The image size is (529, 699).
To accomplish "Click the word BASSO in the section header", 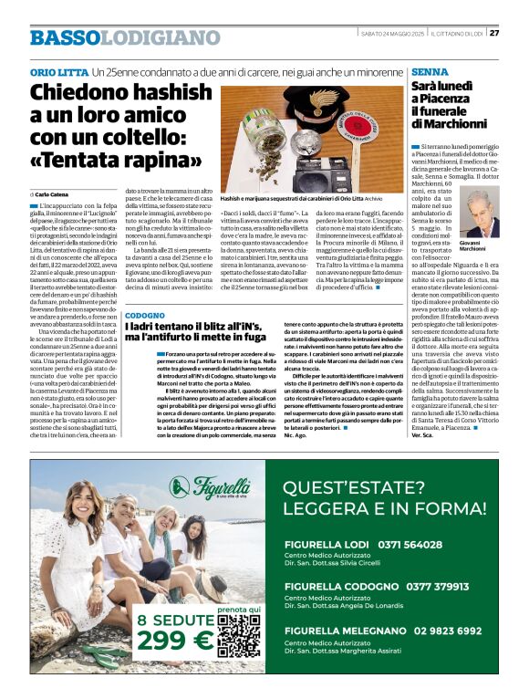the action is (x=63, y=38).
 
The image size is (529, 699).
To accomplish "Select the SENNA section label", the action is (x=430, y=71).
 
